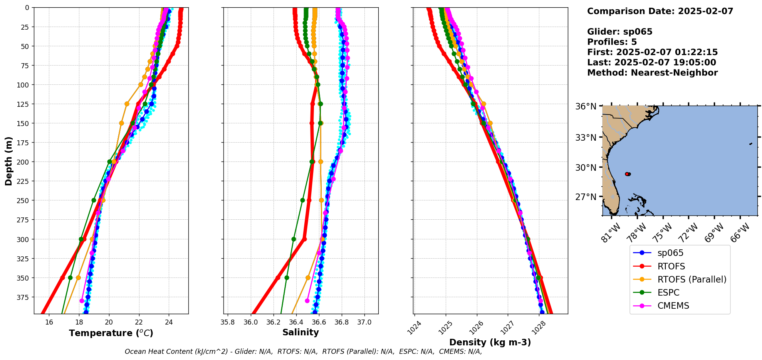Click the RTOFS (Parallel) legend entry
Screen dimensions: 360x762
pos(692,279)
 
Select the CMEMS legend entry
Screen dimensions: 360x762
pos(673,306)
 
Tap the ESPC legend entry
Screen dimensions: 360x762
pos(668,293)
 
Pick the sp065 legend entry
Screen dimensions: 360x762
pos(670,253)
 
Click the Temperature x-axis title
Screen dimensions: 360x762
pos(111,333)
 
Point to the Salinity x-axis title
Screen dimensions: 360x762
pos(300,333)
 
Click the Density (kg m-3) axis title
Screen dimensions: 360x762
pos(490,342)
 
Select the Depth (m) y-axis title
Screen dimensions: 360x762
pos(9,161)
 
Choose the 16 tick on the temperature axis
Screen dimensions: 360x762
pos(49,322)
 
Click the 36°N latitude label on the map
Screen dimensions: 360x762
pos(586,106)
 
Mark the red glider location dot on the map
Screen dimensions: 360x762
pos(627,174)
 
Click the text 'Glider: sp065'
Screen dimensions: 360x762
pos(619,32)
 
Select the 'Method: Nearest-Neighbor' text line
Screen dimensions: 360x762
pos(652,73)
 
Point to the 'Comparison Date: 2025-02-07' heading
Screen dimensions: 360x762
pos(660,11)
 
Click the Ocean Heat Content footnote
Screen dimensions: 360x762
pos(303,352)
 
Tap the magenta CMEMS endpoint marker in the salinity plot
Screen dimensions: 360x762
pos(307,301)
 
